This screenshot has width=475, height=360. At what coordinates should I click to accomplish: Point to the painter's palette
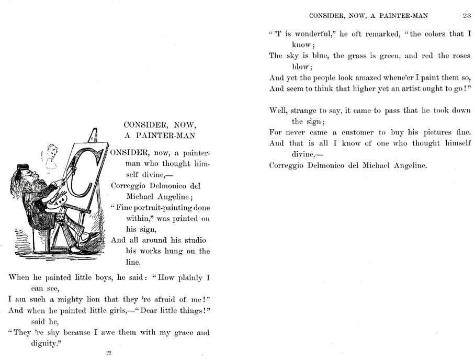(56, 201)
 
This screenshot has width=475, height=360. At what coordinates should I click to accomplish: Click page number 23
(467, 16)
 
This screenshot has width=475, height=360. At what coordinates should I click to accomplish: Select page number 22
(109, 353)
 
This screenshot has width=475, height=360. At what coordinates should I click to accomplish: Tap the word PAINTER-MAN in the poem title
(169, 136)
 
